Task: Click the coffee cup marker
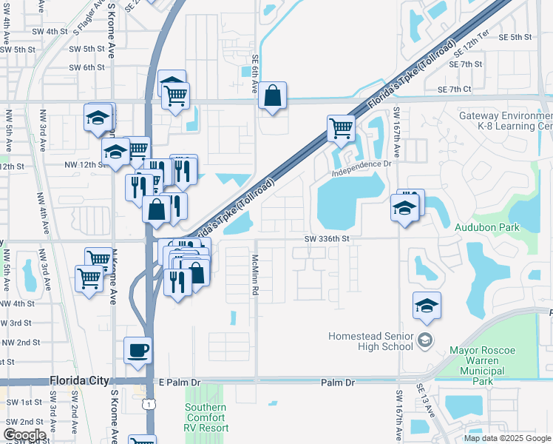[x=138, y=350]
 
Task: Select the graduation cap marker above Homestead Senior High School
[x=427, y=306]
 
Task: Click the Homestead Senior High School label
[x=371, y=341]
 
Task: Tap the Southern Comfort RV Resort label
[x=206, y=417]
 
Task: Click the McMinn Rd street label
[x=254, y=275]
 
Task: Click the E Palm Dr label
[x=180, y=383]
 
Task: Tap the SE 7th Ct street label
[x=454, y=90]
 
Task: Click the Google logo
[x=25, y=435]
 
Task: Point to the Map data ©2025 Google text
[x=507, y=438]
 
